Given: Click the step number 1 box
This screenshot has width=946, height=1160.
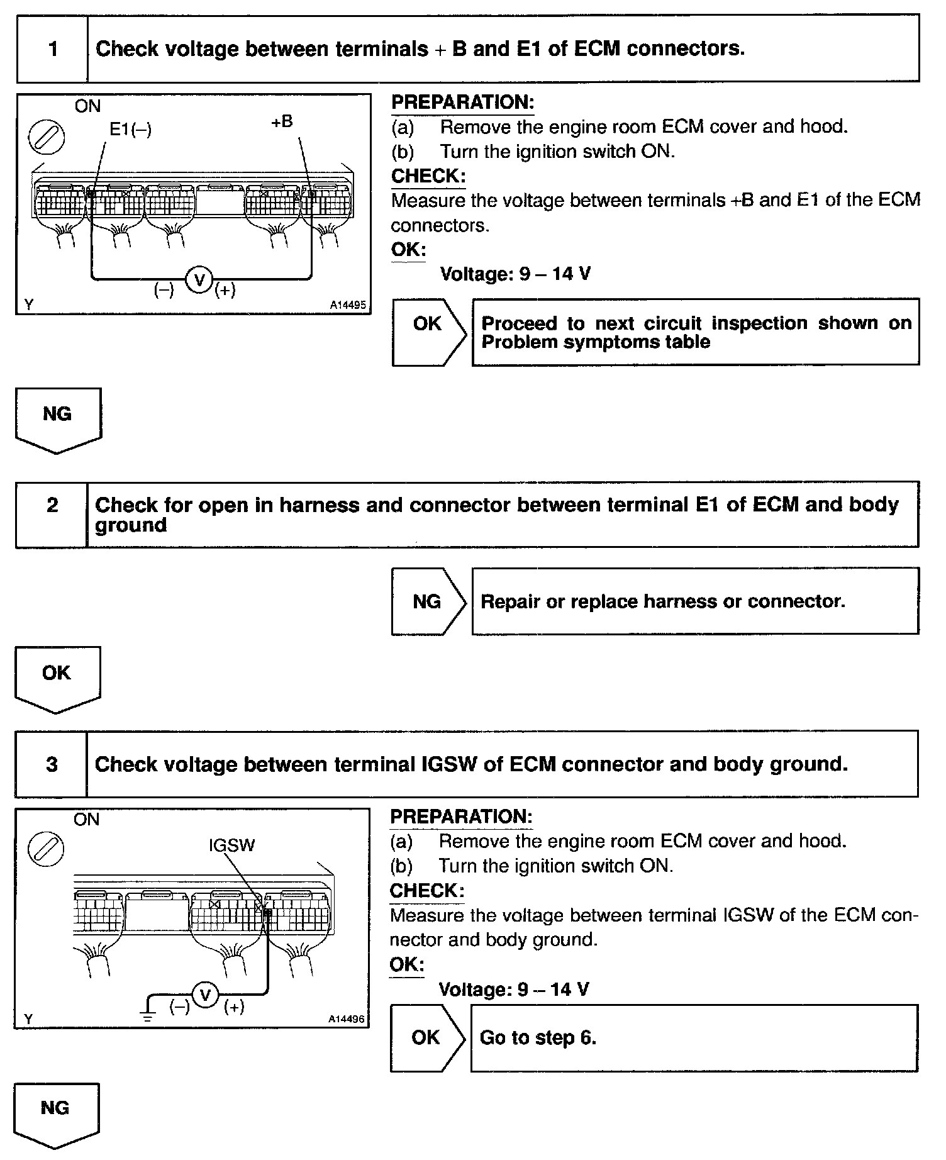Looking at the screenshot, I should (52, 49).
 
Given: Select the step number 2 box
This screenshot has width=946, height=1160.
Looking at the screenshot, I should (52, 514).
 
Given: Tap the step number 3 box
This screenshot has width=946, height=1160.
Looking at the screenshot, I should (52, 764).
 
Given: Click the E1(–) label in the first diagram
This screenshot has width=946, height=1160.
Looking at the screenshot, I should (130, 129).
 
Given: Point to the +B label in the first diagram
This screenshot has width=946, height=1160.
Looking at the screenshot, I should (282, 121).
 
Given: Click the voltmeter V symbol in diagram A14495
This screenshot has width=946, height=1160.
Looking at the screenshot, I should (200, 280).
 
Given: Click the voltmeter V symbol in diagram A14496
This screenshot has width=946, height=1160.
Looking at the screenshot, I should (204, 995).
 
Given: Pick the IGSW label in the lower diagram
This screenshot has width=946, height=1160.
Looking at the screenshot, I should (232, 845).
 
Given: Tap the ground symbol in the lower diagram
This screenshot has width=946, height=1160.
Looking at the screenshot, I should (147, 1015).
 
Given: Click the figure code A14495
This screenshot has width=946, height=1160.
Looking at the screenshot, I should (347, 305).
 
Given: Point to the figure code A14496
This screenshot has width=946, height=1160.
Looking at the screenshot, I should (347, 1019).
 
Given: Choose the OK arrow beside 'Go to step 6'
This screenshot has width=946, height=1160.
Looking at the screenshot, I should (427, 1037).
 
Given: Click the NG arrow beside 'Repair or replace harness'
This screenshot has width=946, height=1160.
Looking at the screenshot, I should (428, 601).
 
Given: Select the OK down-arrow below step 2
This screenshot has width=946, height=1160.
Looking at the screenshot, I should (57, 677).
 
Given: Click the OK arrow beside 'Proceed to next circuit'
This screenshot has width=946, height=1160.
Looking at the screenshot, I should (428, 332).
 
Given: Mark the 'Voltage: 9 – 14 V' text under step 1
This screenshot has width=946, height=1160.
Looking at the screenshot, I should (515, 274).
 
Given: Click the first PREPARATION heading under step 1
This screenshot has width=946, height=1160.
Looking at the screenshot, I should (462, 103).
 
